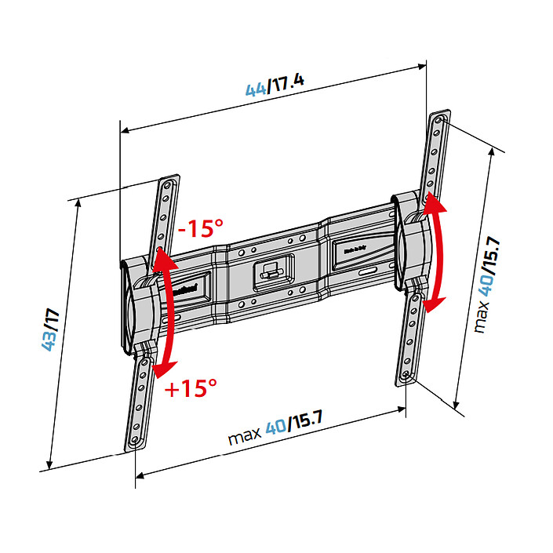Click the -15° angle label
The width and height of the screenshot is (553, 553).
(200, 231)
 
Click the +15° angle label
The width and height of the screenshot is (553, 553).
(191, 387)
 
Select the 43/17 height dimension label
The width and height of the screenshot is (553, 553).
(52, 332)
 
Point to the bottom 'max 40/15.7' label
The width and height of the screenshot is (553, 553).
(275, 431)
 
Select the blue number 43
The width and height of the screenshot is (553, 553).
(49, 341)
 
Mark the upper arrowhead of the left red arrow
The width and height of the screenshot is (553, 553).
(162, 255)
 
